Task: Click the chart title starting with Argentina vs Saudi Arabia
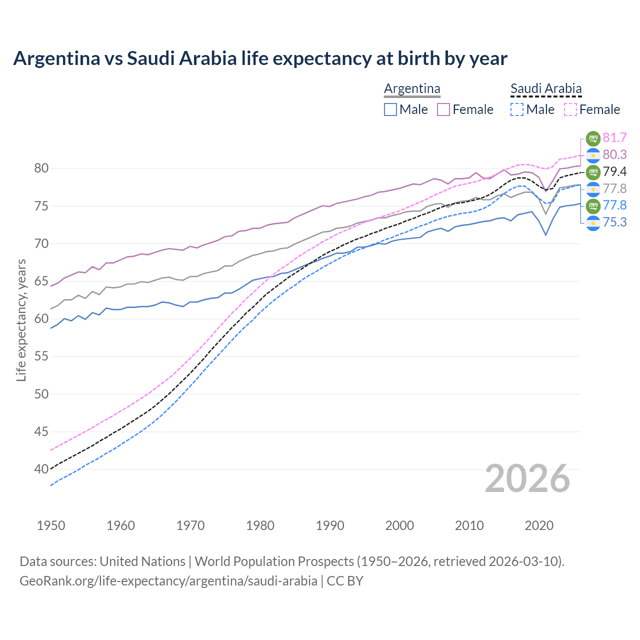(x=260, y=58)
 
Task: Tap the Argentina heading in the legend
(x=412, y=88)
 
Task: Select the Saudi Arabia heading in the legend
(x=546, y=88)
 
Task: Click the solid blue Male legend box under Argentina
(x=390, y=109)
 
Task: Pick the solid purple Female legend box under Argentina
(x=443, y=109)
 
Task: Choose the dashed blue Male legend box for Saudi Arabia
(x=517, y=109)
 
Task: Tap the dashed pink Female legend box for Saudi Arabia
(x=570, y=109)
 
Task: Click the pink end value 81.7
(x=614, y=137)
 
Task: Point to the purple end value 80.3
(x=614, y=154)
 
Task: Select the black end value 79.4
(x=614, y=171)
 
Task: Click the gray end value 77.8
(x=614, y=188)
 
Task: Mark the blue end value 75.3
(x=614, y=222)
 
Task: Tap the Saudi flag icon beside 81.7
(x=592, y=138)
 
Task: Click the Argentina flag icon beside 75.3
(x=592, y=222)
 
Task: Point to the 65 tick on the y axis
(x=41, y=281)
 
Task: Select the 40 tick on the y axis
(x=41, y=469)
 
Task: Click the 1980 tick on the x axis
(x=260, y=525)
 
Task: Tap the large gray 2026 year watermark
(x=527, y=478)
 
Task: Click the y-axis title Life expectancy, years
(x=21, y=320)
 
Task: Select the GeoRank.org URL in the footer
(x=168, y=580)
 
